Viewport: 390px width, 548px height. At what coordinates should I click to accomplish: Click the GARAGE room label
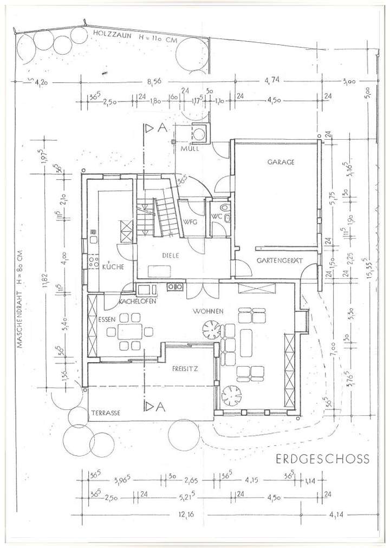[x=280, y=162]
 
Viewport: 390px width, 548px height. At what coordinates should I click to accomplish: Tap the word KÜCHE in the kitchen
[x=112, y=267]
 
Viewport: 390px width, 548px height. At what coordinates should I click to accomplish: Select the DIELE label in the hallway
[x=170, y=256]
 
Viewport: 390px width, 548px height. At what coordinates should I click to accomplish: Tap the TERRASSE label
[x=106, y=413]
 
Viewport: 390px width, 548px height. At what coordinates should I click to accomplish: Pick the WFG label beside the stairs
[x=190, y=222]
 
